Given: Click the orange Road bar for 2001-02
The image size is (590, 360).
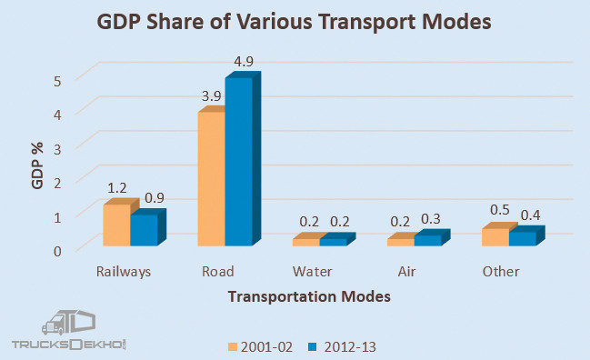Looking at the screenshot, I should coord(211,179).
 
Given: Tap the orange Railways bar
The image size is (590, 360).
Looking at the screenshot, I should coord(115,225).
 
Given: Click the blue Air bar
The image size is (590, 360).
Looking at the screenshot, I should coord(427,240).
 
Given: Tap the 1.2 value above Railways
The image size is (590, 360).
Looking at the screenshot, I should coord(117,188).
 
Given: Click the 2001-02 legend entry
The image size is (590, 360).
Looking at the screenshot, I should coord(260,346).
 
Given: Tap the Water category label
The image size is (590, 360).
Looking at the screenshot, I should coord(312,272).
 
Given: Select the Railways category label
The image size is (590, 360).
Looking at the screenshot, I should coord(123,272).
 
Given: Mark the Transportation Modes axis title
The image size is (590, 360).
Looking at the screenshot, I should coord(309,296).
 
